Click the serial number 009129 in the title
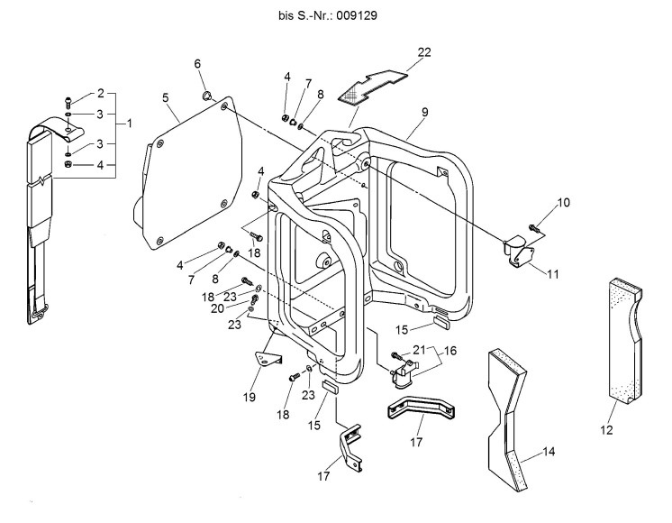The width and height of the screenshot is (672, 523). pos(357,16)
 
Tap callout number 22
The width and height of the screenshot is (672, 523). pos(424,52)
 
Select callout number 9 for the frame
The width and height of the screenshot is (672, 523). pos(424,112)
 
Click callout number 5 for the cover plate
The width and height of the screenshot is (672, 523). pos(166,97)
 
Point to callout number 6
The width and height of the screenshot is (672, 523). pos(197,64)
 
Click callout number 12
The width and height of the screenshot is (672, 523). pos(606,430)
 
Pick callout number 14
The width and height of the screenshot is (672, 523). pos(549,452)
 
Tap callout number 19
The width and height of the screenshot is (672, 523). pos(249,398)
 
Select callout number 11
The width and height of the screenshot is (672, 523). pos(553,274)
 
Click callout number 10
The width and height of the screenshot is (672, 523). pos(564,203)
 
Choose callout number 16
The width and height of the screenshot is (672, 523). pos(450,351)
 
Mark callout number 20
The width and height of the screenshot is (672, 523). pos(217,308)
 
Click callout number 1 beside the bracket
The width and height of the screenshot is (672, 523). pos(129,124)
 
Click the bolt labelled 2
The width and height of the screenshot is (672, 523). pos(68,102)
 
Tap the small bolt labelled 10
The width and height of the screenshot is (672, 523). pos(533,227)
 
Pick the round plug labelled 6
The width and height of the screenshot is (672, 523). pos(206,96)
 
